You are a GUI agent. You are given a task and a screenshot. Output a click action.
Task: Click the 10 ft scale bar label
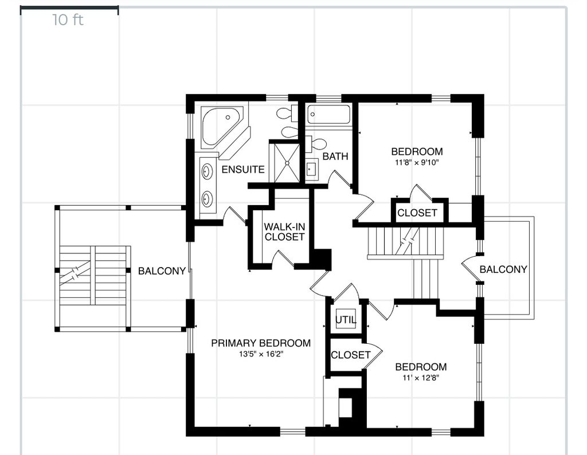click(68, 20)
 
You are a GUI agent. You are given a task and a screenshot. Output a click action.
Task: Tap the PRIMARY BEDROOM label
click(261, 343)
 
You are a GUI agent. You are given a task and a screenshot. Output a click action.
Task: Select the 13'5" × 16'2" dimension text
click(261, 354)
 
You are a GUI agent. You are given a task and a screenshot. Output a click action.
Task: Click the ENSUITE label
click(243, 170)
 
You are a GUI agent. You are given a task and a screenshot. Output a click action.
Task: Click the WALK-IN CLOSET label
click(284, 232)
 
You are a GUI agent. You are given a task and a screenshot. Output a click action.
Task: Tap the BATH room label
click(335, 156)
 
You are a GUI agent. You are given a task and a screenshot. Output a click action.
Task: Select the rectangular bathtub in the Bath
click(329, 114)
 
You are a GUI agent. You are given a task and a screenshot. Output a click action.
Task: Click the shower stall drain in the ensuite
click(287, 163)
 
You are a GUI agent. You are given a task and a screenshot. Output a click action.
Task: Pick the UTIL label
click(346, 320)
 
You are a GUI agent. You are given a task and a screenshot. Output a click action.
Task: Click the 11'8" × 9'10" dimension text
click(417, 162)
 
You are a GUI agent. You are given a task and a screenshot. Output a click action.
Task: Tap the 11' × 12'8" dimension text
click(420, 378)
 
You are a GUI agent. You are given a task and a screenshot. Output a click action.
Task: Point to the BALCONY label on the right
click(503, 269)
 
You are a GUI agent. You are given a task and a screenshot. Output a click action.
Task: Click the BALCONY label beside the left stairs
click(162, 271)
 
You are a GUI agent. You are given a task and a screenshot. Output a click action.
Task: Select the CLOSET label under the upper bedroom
click(417, 213)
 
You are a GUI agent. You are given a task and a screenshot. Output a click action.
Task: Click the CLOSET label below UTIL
click(350, 355)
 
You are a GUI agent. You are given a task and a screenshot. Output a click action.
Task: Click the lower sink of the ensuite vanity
click(206, 199)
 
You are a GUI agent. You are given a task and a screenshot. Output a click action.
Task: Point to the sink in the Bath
click(311, 170)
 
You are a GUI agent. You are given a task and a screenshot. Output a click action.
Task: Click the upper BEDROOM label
click(417, 151)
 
